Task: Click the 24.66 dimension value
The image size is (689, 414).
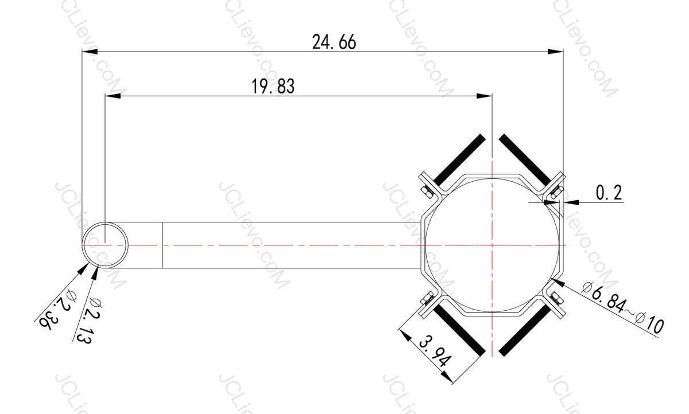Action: point(334,42)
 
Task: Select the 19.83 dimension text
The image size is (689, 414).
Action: point(273,86)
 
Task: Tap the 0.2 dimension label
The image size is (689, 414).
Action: point(609,193)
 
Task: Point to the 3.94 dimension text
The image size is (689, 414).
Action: point(435,353)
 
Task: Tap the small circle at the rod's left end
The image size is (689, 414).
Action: point(106,244)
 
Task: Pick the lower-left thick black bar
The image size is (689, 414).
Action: point(459,329)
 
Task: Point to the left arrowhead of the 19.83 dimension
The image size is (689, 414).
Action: point(112,96)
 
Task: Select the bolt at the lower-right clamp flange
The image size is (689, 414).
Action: point(557,298)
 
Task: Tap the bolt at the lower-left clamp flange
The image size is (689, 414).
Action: point(426,298)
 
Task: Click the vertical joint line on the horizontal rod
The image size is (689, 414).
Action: point(162,245)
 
